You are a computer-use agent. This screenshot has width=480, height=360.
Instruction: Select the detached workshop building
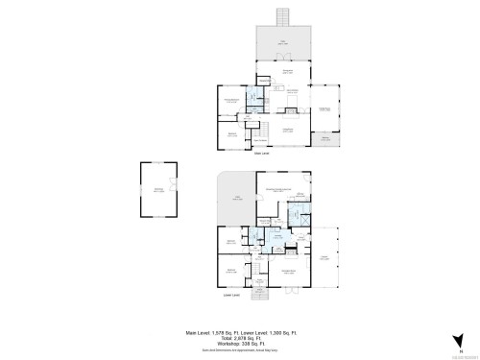[x=158, y=189]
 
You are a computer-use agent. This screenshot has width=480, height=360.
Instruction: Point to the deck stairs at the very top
[x=282, y=18]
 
